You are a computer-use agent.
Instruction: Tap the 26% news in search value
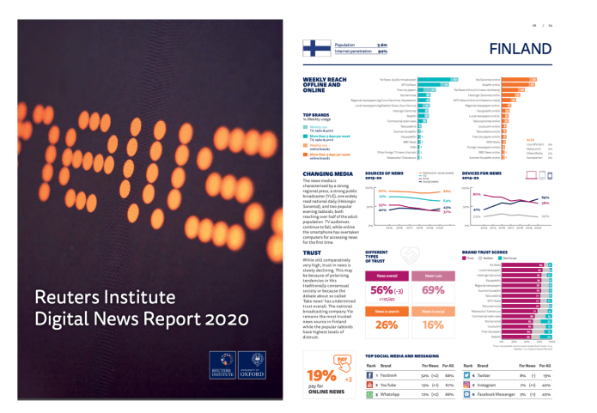pos(387,325)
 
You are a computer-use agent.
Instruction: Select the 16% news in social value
pos(433,325)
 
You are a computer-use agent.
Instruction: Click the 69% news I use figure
pos(433,290)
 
